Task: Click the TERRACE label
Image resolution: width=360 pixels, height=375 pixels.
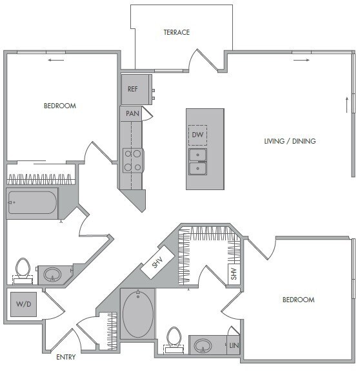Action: click(x=176, y=32)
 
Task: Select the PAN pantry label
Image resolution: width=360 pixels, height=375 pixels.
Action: click(x=132, y=113)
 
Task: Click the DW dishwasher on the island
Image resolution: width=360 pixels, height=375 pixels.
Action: click(x=197, y=135)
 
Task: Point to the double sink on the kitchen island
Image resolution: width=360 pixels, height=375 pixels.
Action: click(x=197, y=161)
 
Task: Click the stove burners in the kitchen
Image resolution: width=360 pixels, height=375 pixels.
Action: click(x=133, y=160)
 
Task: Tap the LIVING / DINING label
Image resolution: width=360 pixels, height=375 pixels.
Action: click(x=290, y=141)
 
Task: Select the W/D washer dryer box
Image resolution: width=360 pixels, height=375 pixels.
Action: click(x=23, y=304)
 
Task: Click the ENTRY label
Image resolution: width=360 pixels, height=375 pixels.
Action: click(x=66, y=357)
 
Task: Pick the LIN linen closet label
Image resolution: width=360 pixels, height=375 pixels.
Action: click(x=234, y=345)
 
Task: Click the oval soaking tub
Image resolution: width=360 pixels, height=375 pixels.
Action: click(x=137, y=314)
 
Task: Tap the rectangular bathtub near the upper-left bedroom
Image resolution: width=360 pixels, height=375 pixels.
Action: click(x=32, y=203)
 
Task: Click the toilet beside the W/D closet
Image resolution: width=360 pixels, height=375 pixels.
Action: click(x=23, y=269)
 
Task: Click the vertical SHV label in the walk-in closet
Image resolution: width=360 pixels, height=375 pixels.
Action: click(x=234, y=274)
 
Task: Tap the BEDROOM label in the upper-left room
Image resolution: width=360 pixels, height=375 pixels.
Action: click(x=60, y=106)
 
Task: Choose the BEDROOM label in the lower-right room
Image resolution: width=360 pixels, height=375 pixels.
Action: click(x=298, y=300)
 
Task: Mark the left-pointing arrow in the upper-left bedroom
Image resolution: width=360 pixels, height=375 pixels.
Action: click(x=56, y=61)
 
